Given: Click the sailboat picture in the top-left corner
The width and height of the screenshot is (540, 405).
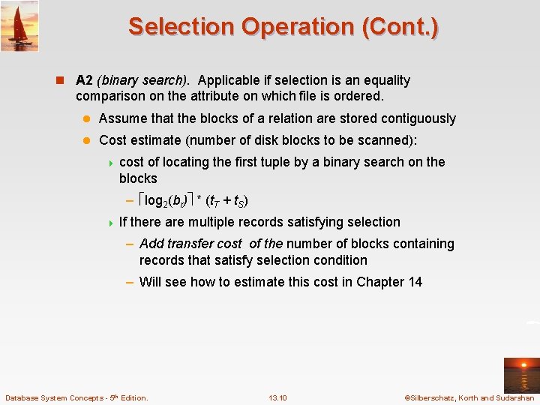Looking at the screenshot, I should (19, 25).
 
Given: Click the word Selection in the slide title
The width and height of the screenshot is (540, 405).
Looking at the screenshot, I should (181, 26).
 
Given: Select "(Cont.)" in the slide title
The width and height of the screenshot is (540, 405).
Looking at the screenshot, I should (400, 26).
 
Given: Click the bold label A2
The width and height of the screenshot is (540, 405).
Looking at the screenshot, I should (85, 80).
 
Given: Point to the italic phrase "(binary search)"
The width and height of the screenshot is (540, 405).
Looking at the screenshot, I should (143, 80).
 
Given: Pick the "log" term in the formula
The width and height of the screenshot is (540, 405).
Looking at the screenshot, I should (154, 200).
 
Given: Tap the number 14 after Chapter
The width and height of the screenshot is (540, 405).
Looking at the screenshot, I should (414, 282).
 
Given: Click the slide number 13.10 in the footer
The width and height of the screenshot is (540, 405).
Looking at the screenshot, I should (277, 397).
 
